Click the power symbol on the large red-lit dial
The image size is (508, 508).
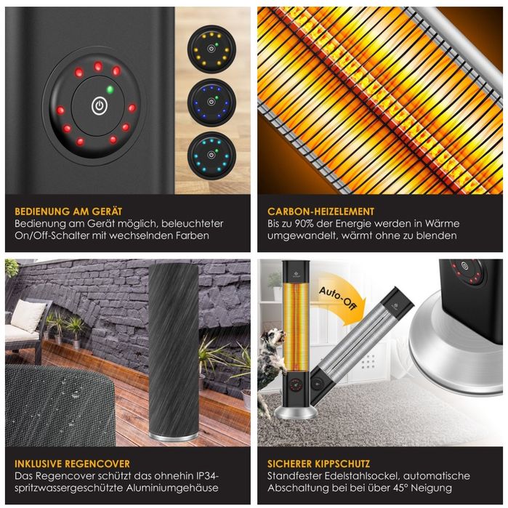pyautogui.click(x=100, y=106)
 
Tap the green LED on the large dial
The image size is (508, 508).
pyautogui.click(x=110, y=89)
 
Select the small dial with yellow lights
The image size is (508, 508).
pyautogui.click(x=211, y=49)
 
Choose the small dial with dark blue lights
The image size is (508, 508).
pyautogui.click(x=211, y=102)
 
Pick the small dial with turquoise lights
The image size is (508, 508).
pyautogui.click(x=211, y=156)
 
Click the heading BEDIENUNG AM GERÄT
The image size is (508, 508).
pyautogui.click(x=68, y=211)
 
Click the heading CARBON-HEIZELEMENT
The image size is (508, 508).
pyautogui.click(x=320, y=211)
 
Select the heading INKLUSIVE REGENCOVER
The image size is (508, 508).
pyautogui.click(x=72, y=464)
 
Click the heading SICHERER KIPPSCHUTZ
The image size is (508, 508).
pyautogui.click(x=318, y=464)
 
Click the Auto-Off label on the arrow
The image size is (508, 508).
pyautogui.click(x=338, y=298)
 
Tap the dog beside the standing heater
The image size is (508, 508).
pyautogui.click(x=271, y=363)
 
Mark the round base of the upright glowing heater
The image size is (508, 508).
pyautogui.click(x=295, y=413)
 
